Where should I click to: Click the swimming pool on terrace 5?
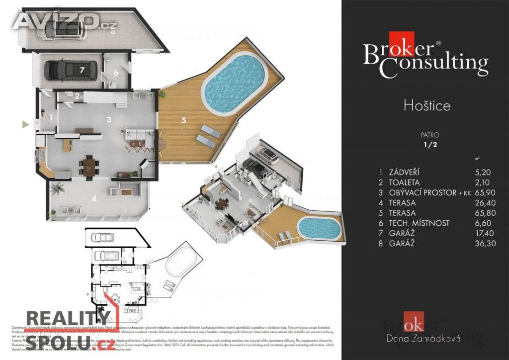coord(234,83)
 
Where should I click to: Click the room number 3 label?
coord(108,119)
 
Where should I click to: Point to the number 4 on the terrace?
coord(93,199)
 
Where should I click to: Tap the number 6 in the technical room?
coord(116,72)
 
